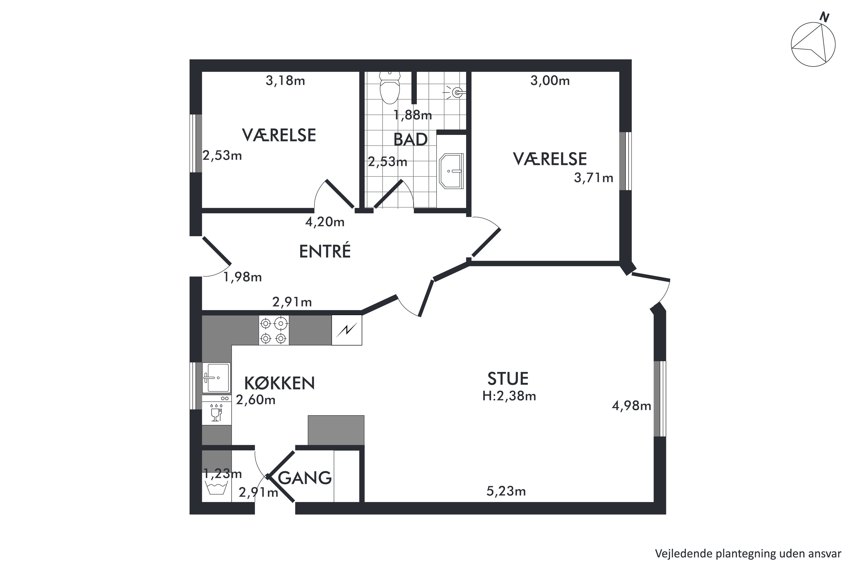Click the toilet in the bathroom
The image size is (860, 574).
pyautogui.click(x=390, y=88)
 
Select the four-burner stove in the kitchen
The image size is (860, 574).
pyautogui.click(x=274, y=330)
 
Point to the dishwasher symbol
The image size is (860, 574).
pyautogui.click(x=217, y=410)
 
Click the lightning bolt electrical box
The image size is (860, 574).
pyautogui.click(x=347, y=330)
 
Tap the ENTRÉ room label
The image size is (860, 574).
pyautogui.click(x=325, y=251)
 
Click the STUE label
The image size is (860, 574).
pyautogui.click(x=508, y=379)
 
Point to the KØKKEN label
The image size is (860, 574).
pyautogui.click(x=279, y=383)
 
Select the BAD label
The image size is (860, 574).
pyautogui.click(x=411, y=139)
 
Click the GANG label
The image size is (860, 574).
pyautogui.click(x=305, y=478)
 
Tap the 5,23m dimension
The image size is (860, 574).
pyautogui.click(x=506, y=491)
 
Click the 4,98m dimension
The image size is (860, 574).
pyautogui.click(x=632, y=406)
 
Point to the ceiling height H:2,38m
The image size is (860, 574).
pyautogui.click(x=509, y=396)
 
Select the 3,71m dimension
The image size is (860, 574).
pyautogui.click(x=593, y=178)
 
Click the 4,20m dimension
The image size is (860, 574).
pyautogui.click(x=325, y=222)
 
